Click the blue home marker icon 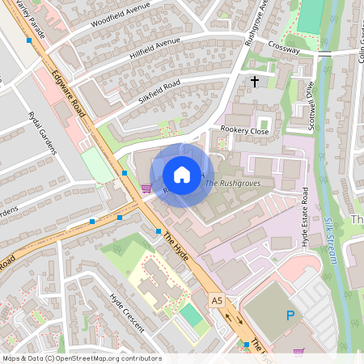coord(182,175)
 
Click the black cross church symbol coord(255,82)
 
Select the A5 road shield coord(217,300)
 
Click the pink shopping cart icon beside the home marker coord(146,188)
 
